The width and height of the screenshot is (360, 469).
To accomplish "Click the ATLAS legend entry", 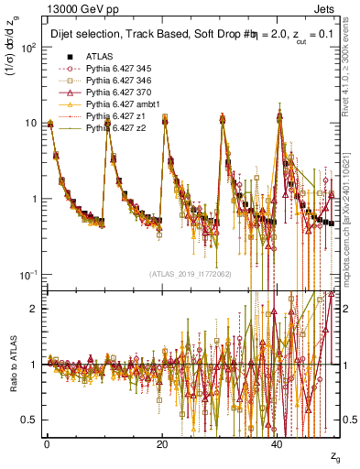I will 100,57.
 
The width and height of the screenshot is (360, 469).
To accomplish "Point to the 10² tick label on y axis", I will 29,48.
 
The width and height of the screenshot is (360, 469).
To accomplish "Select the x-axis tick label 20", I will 162,445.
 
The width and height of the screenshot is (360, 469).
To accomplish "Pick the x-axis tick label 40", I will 278,445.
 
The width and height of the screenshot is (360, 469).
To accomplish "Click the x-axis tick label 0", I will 47,445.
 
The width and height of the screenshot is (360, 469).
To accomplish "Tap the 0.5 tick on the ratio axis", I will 31,420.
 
